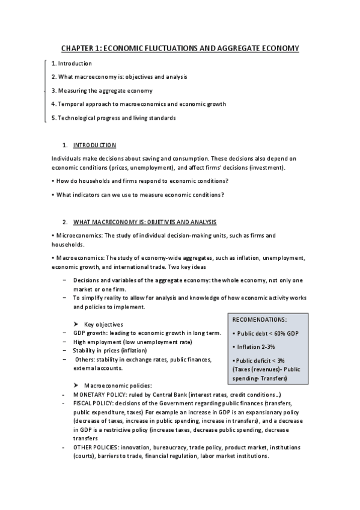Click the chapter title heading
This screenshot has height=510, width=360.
tap(180, 48)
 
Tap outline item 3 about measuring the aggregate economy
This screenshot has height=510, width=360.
tap(102, 90)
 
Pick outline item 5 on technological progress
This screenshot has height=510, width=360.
tap(114, 118)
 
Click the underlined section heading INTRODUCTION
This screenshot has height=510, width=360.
tap(94, 146)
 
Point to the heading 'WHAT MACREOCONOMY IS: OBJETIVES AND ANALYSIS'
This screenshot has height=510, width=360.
tap(144, 223)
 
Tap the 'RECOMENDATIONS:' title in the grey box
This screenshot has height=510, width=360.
tap(259, 319)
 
